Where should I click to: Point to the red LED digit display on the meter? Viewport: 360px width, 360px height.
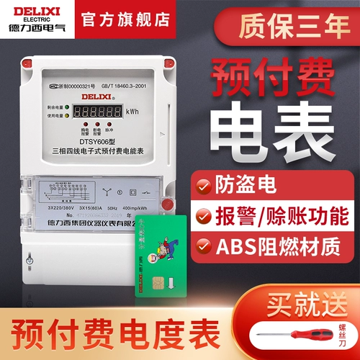pyautogui.click(x=97, y=112)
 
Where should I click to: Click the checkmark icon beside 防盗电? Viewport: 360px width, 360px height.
pyautogui.click(x=205, y=184)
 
